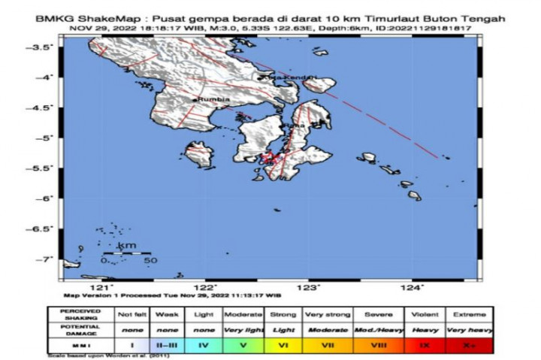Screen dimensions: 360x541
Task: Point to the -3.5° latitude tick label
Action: click(x=47, y=47)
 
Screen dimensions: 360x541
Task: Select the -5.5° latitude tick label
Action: click(x=47, y=168)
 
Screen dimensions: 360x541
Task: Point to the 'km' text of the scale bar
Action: click(x=127, y=246)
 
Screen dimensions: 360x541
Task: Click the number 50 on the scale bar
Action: click(x=150, y=261)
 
